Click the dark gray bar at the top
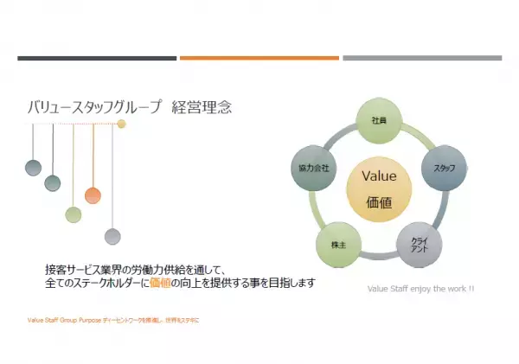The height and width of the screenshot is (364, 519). [x=96, y=58]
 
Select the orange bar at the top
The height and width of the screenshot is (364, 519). [x=259, y=58]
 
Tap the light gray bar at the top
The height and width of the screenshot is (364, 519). [x=422, y=58]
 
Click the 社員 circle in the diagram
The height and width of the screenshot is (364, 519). [x=378, y=120]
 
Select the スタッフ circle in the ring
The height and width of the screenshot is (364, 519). [x=444, y=168]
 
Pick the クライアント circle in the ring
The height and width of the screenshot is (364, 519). [x=420, y=245]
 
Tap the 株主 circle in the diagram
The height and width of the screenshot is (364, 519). [x=338, y=245]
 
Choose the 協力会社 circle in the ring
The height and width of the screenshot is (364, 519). [x=314, y=168]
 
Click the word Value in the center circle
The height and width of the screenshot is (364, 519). [x=378, y=176]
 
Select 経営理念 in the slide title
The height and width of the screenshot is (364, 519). [x=202, y=108]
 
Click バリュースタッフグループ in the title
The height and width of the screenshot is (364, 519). [x=94, y=108]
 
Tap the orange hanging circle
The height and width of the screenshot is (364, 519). [x=93, y=195]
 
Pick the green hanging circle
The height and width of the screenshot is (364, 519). [x=74, y=214]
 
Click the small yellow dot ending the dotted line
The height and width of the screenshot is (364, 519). [x=122, y=125]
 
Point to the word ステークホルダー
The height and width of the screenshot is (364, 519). [x=105, y=284]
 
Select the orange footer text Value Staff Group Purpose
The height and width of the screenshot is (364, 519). [x=64, y=320]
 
